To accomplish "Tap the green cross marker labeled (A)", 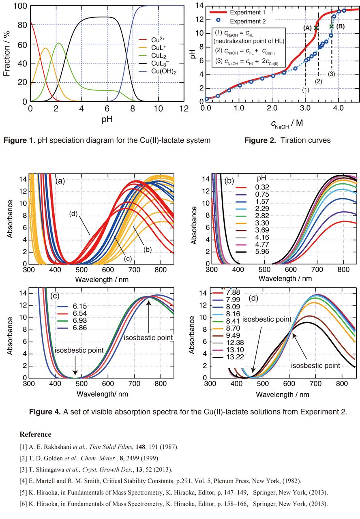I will point(316,28).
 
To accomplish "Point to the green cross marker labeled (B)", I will point(331,26).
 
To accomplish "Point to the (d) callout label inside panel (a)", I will point(73,213).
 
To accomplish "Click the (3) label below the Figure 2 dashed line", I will point(332,74).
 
